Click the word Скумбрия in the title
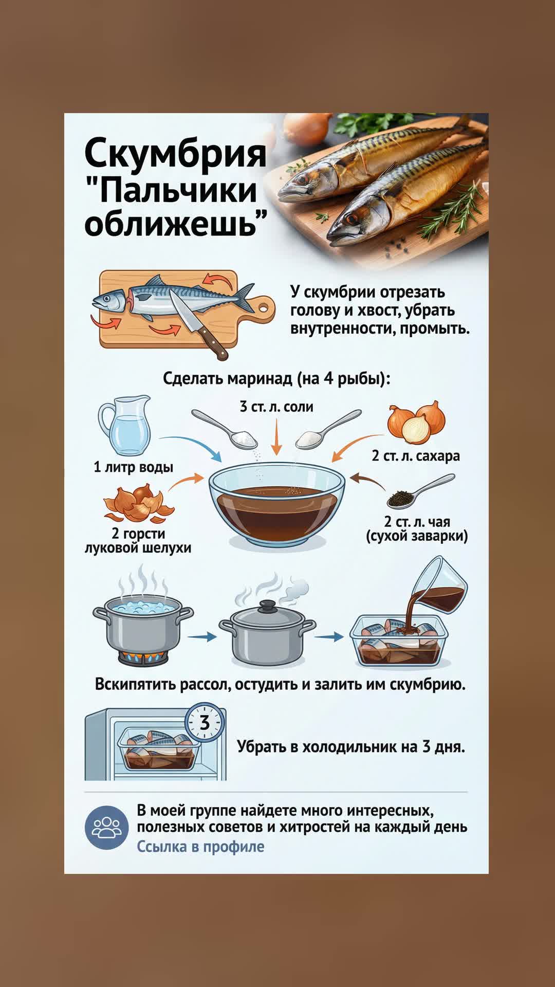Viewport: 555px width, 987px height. coord(176,153)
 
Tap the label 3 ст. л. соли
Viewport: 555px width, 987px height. coord(276,407)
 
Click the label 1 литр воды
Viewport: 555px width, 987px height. coord(134,467)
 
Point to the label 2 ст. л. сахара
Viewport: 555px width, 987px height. coord(416,456)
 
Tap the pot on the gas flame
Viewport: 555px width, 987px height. coord(143,628)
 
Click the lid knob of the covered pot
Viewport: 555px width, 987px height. coord(267,606)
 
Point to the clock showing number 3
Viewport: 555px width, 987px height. coord(205,723)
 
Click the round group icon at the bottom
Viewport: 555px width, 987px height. coord(107,827)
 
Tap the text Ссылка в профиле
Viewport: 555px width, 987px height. coord(200,847)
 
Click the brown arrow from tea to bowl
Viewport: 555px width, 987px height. coord(367,481)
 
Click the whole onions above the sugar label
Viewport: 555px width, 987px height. coord(417,422)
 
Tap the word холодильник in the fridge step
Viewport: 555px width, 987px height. coord(352,747)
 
